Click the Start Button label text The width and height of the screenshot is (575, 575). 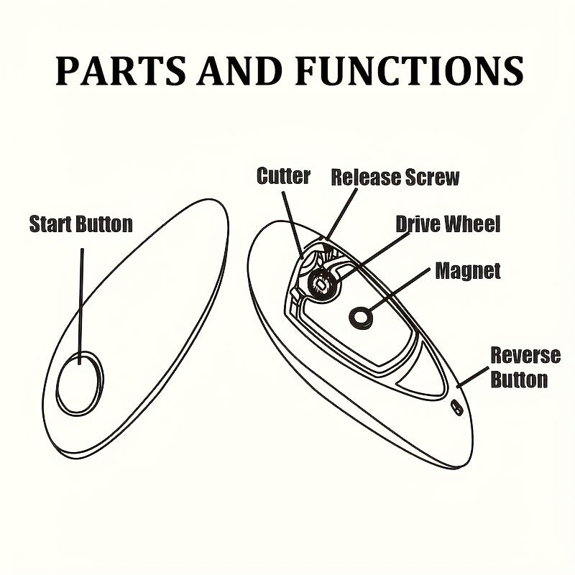click(80, 224)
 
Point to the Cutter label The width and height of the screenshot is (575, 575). click(283, 177)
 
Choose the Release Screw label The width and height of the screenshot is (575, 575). click(395, 177)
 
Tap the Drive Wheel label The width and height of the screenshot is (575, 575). click(448, 224)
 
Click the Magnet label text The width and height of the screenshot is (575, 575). click(467, 271)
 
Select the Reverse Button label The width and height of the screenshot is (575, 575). click(525, 367)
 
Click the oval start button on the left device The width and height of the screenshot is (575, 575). click(80, 382)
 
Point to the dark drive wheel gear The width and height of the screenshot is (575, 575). click(320, 284)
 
